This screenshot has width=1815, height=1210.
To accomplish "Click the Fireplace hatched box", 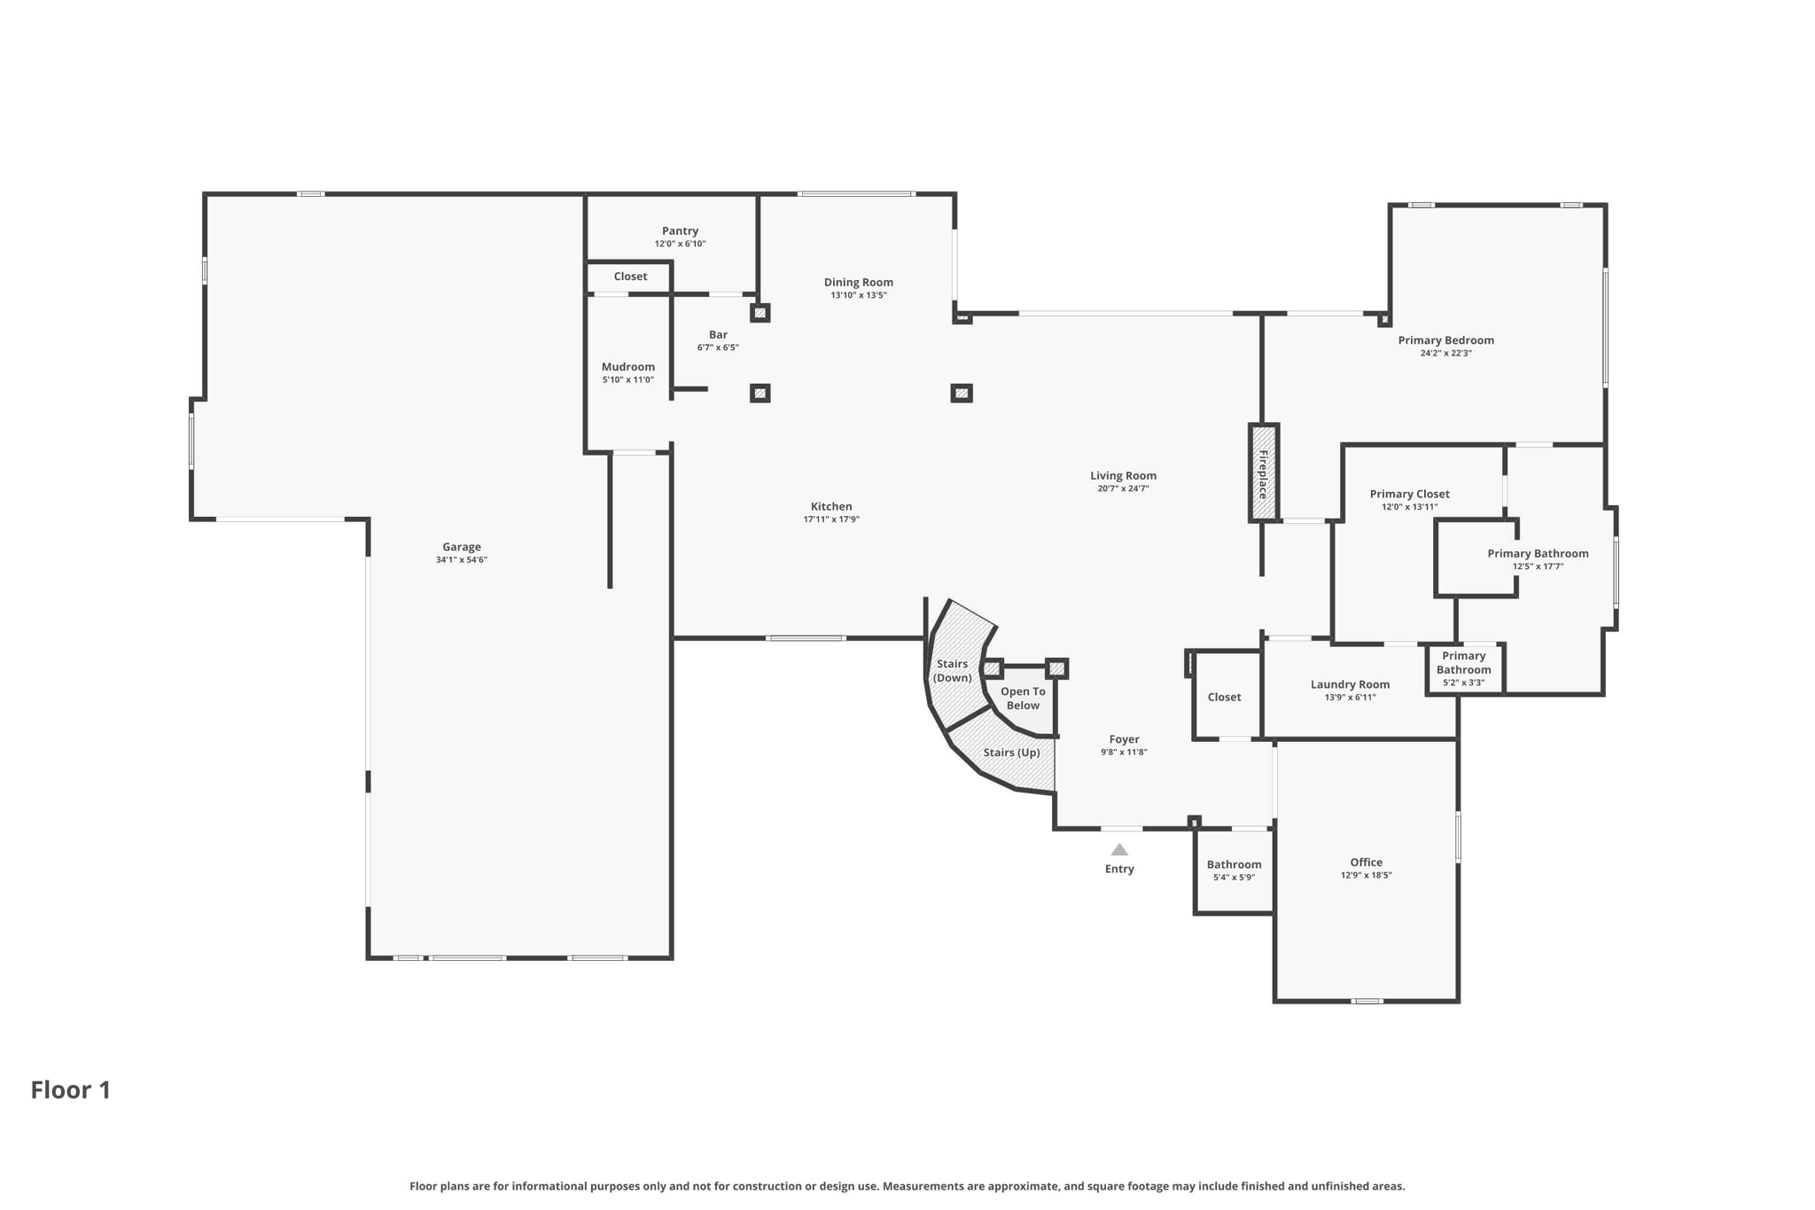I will [1263, 473].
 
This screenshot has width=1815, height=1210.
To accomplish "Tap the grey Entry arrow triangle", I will [1119, 850].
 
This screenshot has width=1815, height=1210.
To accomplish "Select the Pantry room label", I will [680, 230].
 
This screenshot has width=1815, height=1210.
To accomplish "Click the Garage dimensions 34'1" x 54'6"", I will [461, 560].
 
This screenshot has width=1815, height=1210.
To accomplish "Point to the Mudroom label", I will [627, 367].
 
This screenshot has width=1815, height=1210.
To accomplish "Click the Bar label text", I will [718, 335].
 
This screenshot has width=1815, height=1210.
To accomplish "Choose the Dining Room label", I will [858, 283].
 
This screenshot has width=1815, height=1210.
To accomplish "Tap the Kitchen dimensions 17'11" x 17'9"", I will [830, 519].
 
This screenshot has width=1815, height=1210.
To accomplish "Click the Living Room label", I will [1123, 476].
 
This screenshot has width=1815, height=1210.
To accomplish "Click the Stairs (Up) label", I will [1011, 753].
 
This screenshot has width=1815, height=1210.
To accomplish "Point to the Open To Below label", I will [1023, 699].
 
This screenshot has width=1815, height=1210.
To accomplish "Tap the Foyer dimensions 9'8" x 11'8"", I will [1124, 753].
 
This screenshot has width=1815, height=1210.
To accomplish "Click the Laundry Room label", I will [1350, 684].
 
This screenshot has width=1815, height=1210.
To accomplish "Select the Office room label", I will [1366, 863].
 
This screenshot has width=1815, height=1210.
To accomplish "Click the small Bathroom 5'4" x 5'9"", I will [1234, 870].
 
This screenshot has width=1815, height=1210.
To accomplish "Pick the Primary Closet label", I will [1409, 495].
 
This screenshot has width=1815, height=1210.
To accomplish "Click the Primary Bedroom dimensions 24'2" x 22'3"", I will [1445, 354].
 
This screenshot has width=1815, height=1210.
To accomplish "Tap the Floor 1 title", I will [71, 1089].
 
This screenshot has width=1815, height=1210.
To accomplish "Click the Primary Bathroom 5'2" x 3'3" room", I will [1463, 669].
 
